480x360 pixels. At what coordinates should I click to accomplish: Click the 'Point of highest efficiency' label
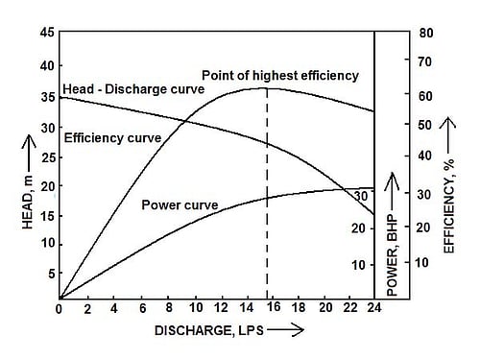[279, 75]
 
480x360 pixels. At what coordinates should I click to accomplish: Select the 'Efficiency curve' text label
[113, 137]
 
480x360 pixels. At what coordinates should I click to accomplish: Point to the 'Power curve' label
[180, 204]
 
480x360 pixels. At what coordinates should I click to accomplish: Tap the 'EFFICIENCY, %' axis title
[450, 205]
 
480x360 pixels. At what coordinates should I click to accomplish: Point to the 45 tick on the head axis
[46, 33]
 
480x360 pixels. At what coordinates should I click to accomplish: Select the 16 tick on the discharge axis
[274, 308]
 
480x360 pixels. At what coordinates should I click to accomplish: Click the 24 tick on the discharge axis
[374, 308]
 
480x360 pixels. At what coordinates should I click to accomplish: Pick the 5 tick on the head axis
[49, 274]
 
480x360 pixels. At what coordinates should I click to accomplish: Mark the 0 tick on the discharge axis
[59, 308]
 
